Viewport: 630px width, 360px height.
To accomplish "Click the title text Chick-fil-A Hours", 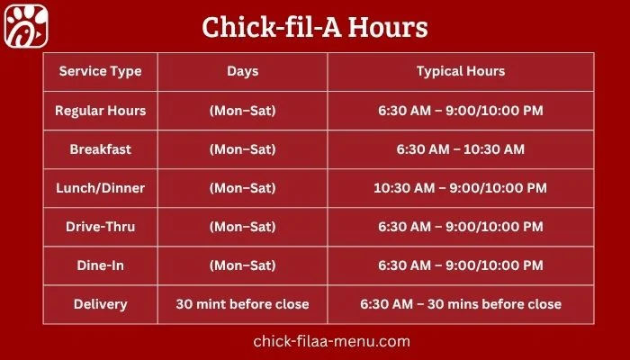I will [314, 27].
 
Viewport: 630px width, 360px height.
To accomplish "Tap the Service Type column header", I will [100, 71].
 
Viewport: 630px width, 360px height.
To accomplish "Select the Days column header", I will [242, 71].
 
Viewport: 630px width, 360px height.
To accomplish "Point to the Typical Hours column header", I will [460, 71].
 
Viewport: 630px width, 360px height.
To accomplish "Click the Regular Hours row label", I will [100, 111].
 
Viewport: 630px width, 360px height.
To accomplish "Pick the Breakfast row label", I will [100, 149].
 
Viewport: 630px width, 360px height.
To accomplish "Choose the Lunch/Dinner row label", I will [100, 188].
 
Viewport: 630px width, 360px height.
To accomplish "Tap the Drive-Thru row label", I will [100, 227].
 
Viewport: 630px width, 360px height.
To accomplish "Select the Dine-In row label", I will [100, 265].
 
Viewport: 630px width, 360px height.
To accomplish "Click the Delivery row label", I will [100, 304].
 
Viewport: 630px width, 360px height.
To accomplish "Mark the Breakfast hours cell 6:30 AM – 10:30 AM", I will [460, 149].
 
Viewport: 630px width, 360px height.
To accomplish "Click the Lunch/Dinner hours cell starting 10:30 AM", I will [460, 188].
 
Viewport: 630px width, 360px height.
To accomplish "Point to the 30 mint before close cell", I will [242, 304].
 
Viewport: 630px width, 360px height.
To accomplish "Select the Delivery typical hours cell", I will [460, 304].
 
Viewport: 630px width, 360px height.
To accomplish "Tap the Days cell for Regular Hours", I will [242, 111].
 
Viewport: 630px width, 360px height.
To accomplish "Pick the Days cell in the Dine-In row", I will [242, 265].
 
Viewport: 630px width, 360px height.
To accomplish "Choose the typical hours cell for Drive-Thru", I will [460, 227].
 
